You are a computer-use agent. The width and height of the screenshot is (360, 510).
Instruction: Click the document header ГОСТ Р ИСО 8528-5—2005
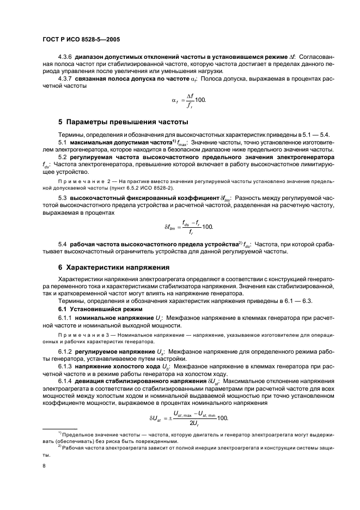click(x=81, y=40)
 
